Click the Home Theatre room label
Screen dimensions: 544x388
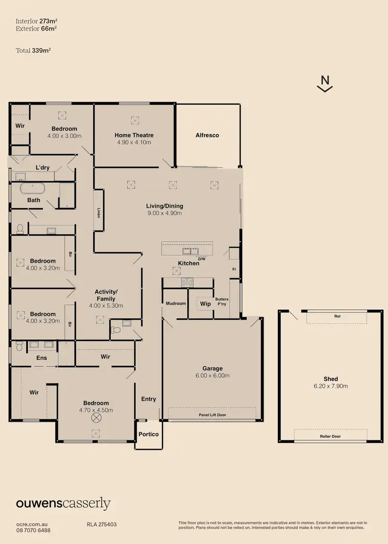coord(134,135)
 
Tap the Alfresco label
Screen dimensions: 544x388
coord(207,135)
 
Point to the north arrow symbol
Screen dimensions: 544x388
coord(325,83)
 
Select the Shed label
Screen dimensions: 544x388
coord(331,379)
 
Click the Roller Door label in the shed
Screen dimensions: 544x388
coord(330,436)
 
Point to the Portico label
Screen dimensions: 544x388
coord(149,434)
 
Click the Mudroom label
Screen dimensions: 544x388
coord(176,304)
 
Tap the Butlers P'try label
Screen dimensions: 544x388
coord(222,302)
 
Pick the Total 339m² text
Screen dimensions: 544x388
coord(33,51)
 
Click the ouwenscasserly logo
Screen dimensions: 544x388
coord(63,503)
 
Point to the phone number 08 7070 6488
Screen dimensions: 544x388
coord(33,531)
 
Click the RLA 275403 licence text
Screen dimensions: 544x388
coord(102,524)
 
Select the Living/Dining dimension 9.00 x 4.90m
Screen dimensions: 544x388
coord(165,212)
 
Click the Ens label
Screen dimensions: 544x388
coord(41,357)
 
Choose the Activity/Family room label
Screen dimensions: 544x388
coord(106,295)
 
